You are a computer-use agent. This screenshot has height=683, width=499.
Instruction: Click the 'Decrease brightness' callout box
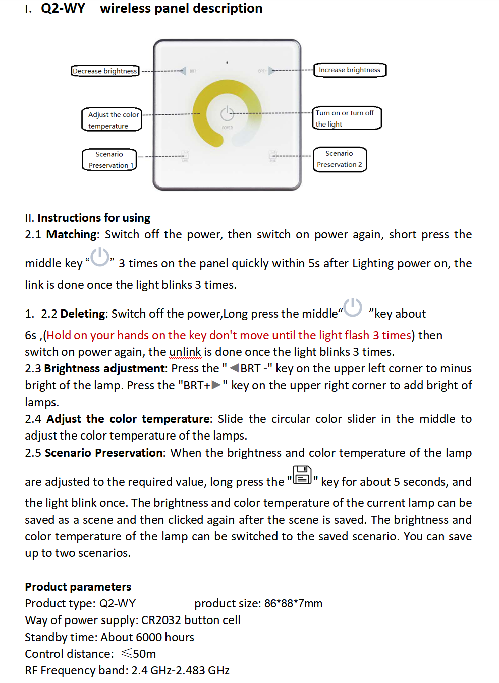coord(105,71)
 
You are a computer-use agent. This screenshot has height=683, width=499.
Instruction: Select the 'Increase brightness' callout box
coord(350,70)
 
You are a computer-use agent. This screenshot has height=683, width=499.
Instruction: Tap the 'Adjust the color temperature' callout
coord(112,120)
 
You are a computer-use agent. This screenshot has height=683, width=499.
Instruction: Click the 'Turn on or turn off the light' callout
coord(347,118)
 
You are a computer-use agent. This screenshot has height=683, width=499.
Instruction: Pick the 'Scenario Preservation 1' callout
coord(109,160)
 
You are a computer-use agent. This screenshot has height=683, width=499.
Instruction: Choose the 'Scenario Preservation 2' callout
coord(340,159)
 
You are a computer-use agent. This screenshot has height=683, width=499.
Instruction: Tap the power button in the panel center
coord(227,113)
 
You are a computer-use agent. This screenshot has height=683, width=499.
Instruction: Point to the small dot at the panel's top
coord(227,63)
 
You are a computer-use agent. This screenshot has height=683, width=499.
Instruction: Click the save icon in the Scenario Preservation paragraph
coord(302,475)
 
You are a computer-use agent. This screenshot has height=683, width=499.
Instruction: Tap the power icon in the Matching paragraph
coord(100,257)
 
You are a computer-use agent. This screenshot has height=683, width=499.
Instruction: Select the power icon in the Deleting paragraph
coord(353,307)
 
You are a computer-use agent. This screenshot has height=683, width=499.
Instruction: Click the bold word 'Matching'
coord(72,234)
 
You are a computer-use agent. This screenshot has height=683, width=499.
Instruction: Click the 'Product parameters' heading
coord(78,587)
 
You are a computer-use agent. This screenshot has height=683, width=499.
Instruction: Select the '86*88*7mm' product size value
coord(293,603)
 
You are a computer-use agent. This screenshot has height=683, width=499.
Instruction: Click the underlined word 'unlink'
coord(185,352)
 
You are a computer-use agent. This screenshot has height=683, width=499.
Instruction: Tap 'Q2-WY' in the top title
coord(63,8)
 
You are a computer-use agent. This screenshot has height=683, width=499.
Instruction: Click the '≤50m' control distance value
coord(138,654)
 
